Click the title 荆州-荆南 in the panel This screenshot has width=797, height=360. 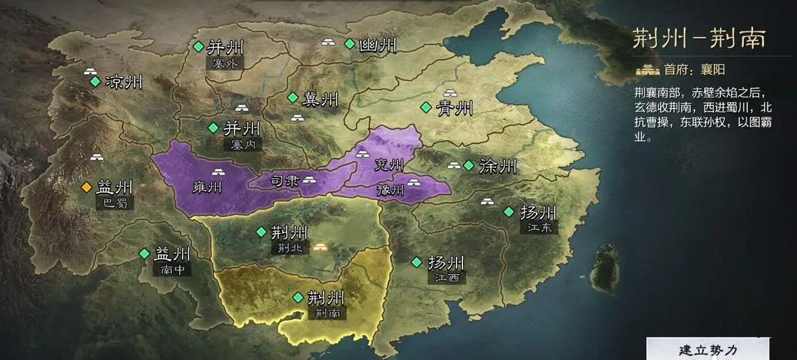(699, 39)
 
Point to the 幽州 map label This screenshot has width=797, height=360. (378, 45)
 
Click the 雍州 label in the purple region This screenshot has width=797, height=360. (207, 187)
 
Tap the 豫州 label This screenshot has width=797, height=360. (391, 190)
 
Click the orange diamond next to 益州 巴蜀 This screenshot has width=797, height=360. (85, 188)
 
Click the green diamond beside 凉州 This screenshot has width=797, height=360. (95, 82)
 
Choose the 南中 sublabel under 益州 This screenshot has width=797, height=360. (171, 269)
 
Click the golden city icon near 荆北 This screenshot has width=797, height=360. (320, 247)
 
